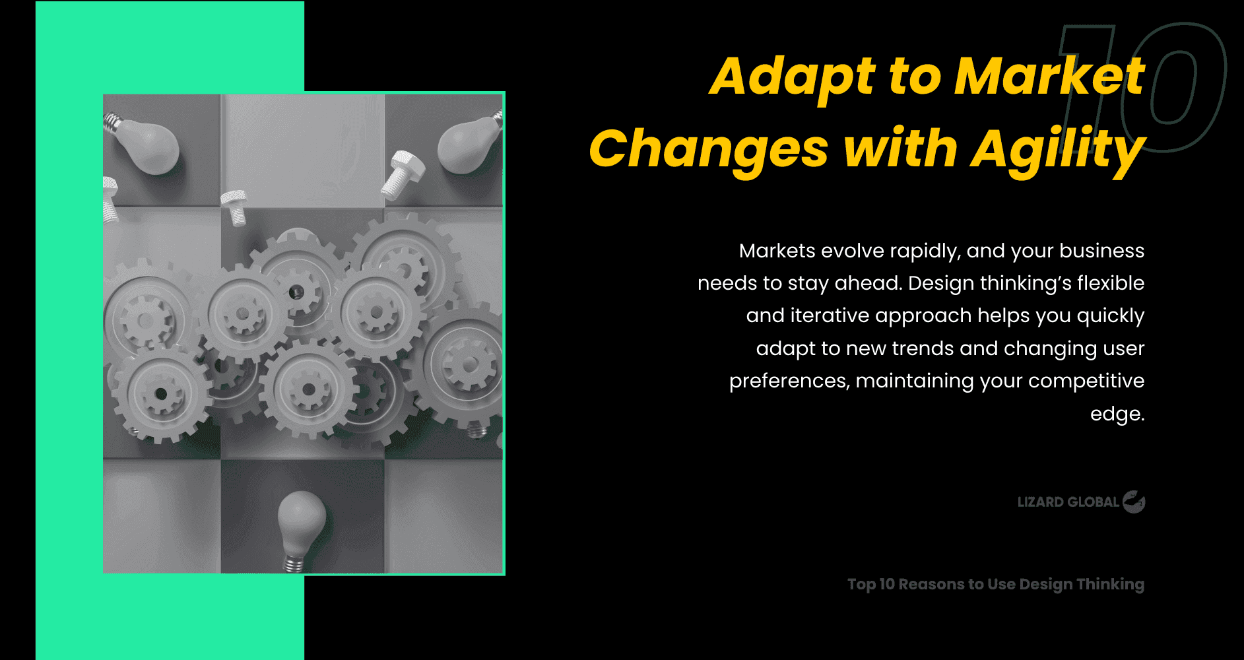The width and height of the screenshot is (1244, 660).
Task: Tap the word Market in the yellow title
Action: pyautogui.click(x=1049, y=77)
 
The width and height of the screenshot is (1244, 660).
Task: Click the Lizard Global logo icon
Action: pyautogui.click(x=1134, y=502)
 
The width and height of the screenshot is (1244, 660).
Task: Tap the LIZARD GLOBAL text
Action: pyautogui.click(x=1068, y=502)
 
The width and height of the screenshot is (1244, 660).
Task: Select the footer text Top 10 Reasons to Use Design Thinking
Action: pyautogui.click(x=995, y=584)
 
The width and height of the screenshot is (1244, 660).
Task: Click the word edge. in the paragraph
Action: pyautogui.click(x=1117, y=414)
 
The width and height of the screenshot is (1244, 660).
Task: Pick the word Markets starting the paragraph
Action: pyautogui.click(x=777, y=251)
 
